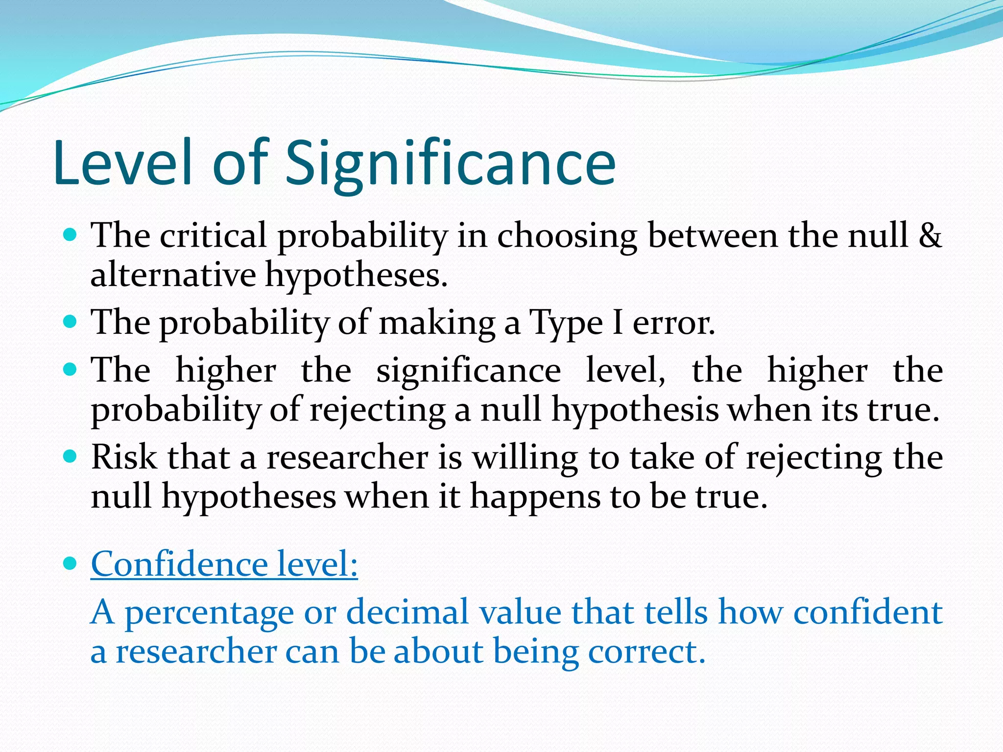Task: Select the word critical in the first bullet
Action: point(214,235)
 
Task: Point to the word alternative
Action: point(173,275)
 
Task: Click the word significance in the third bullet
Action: point(468,370)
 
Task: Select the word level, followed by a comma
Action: point(625,370)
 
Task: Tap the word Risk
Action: point(124,457)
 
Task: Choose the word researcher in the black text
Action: point(347,457)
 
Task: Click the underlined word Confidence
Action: point(179,564)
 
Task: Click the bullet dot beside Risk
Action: point(71,457)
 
